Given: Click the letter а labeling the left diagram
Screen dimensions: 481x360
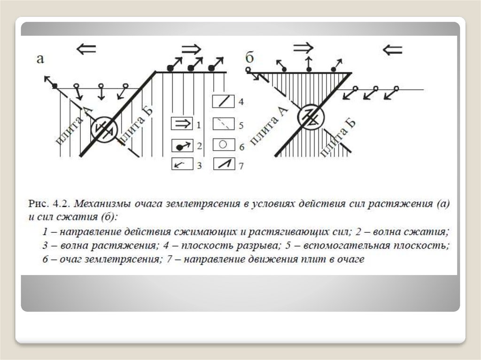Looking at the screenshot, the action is [40, 59].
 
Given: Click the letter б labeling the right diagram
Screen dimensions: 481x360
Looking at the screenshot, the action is [250, 58].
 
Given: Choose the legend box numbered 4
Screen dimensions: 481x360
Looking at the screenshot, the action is [224, 101].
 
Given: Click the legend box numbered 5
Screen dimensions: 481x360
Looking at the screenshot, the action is [224, 124].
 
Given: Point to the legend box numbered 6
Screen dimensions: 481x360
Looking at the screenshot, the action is [224, 145].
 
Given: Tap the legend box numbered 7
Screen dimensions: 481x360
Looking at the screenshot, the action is [224, 164].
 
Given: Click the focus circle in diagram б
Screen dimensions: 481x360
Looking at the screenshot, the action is [312, 116].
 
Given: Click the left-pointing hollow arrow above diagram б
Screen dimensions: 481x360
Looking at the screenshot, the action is [392, 49].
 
